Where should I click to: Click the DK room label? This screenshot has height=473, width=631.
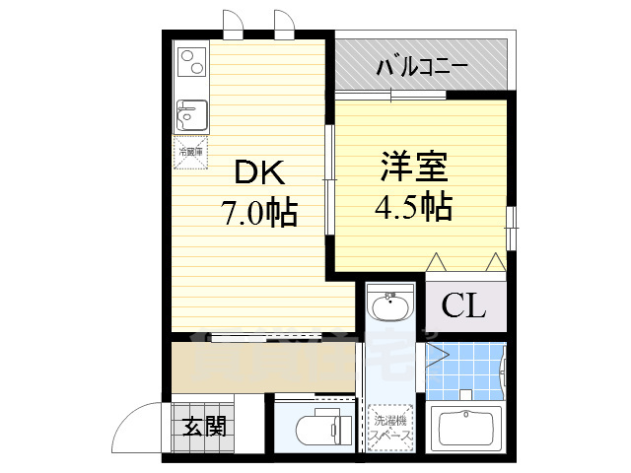259,174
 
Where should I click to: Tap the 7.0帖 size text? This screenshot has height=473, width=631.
258,214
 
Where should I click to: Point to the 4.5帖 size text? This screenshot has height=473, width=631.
414,207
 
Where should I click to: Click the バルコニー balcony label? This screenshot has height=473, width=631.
422,68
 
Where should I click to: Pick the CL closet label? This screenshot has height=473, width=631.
463,306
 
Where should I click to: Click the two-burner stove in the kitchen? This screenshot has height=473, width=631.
190,62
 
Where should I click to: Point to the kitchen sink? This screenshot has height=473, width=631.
190,115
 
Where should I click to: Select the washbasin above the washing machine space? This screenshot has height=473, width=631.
392,307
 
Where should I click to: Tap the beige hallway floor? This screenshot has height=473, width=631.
261,366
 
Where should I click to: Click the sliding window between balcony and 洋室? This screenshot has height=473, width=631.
391,95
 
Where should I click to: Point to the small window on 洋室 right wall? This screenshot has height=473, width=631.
511,229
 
